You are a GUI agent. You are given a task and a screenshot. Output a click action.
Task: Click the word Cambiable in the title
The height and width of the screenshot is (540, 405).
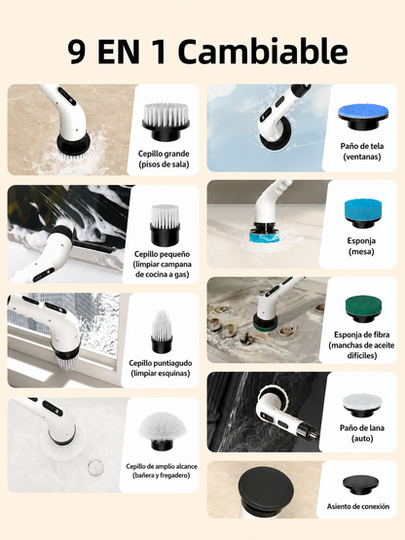(263, 52)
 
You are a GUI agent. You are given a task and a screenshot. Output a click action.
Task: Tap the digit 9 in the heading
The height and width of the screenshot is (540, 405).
(77, 52)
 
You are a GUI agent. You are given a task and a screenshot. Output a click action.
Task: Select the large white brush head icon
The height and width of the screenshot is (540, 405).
(166, 122)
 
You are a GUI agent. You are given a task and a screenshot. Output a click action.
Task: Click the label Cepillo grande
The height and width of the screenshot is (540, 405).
(164, 154)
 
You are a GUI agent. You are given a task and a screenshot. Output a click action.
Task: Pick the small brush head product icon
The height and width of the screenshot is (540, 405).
(166, 223)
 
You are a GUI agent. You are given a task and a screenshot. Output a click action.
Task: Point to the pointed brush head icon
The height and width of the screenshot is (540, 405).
(162, 332)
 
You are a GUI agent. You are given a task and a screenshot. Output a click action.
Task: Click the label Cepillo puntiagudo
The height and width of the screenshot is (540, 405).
(161, 363)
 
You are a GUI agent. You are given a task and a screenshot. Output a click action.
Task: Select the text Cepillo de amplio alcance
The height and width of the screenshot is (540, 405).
(162, 466)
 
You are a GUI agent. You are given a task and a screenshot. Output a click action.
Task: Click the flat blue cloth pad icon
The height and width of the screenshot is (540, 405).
(363, 117)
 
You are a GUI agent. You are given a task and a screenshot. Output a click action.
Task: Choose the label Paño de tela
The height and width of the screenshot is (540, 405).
(362, 146)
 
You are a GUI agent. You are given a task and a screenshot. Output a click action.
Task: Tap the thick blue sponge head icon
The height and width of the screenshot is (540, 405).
(363, 213)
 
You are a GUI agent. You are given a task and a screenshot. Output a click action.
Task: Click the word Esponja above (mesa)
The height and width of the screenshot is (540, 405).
(361, 240)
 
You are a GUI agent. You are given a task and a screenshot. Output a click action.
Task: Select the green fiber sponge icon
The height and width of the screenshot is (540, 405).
(363, 308)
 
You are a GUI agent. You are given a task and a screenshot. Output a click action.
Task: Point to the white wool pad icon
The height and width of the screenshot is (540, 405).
(362, 405)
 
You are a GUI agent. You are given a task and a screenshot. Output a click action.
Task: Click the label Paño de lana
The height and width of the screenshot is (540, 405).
(362, 428)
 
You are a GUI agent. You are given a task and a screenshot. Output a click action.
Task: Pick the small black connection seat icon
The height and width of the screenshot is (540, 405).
(359, 485)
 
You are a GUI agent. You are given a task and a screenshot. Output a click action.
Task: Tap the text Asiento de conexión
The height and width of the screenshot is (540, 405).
(358, 507)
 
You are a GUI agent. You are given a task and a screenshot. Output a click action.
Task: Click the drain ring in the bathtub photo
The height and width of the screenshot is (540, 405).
(95, 467)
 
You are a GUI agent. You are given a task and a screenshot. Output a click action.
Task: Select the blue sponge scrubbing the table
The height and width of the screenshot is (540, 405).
(265, 236)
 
